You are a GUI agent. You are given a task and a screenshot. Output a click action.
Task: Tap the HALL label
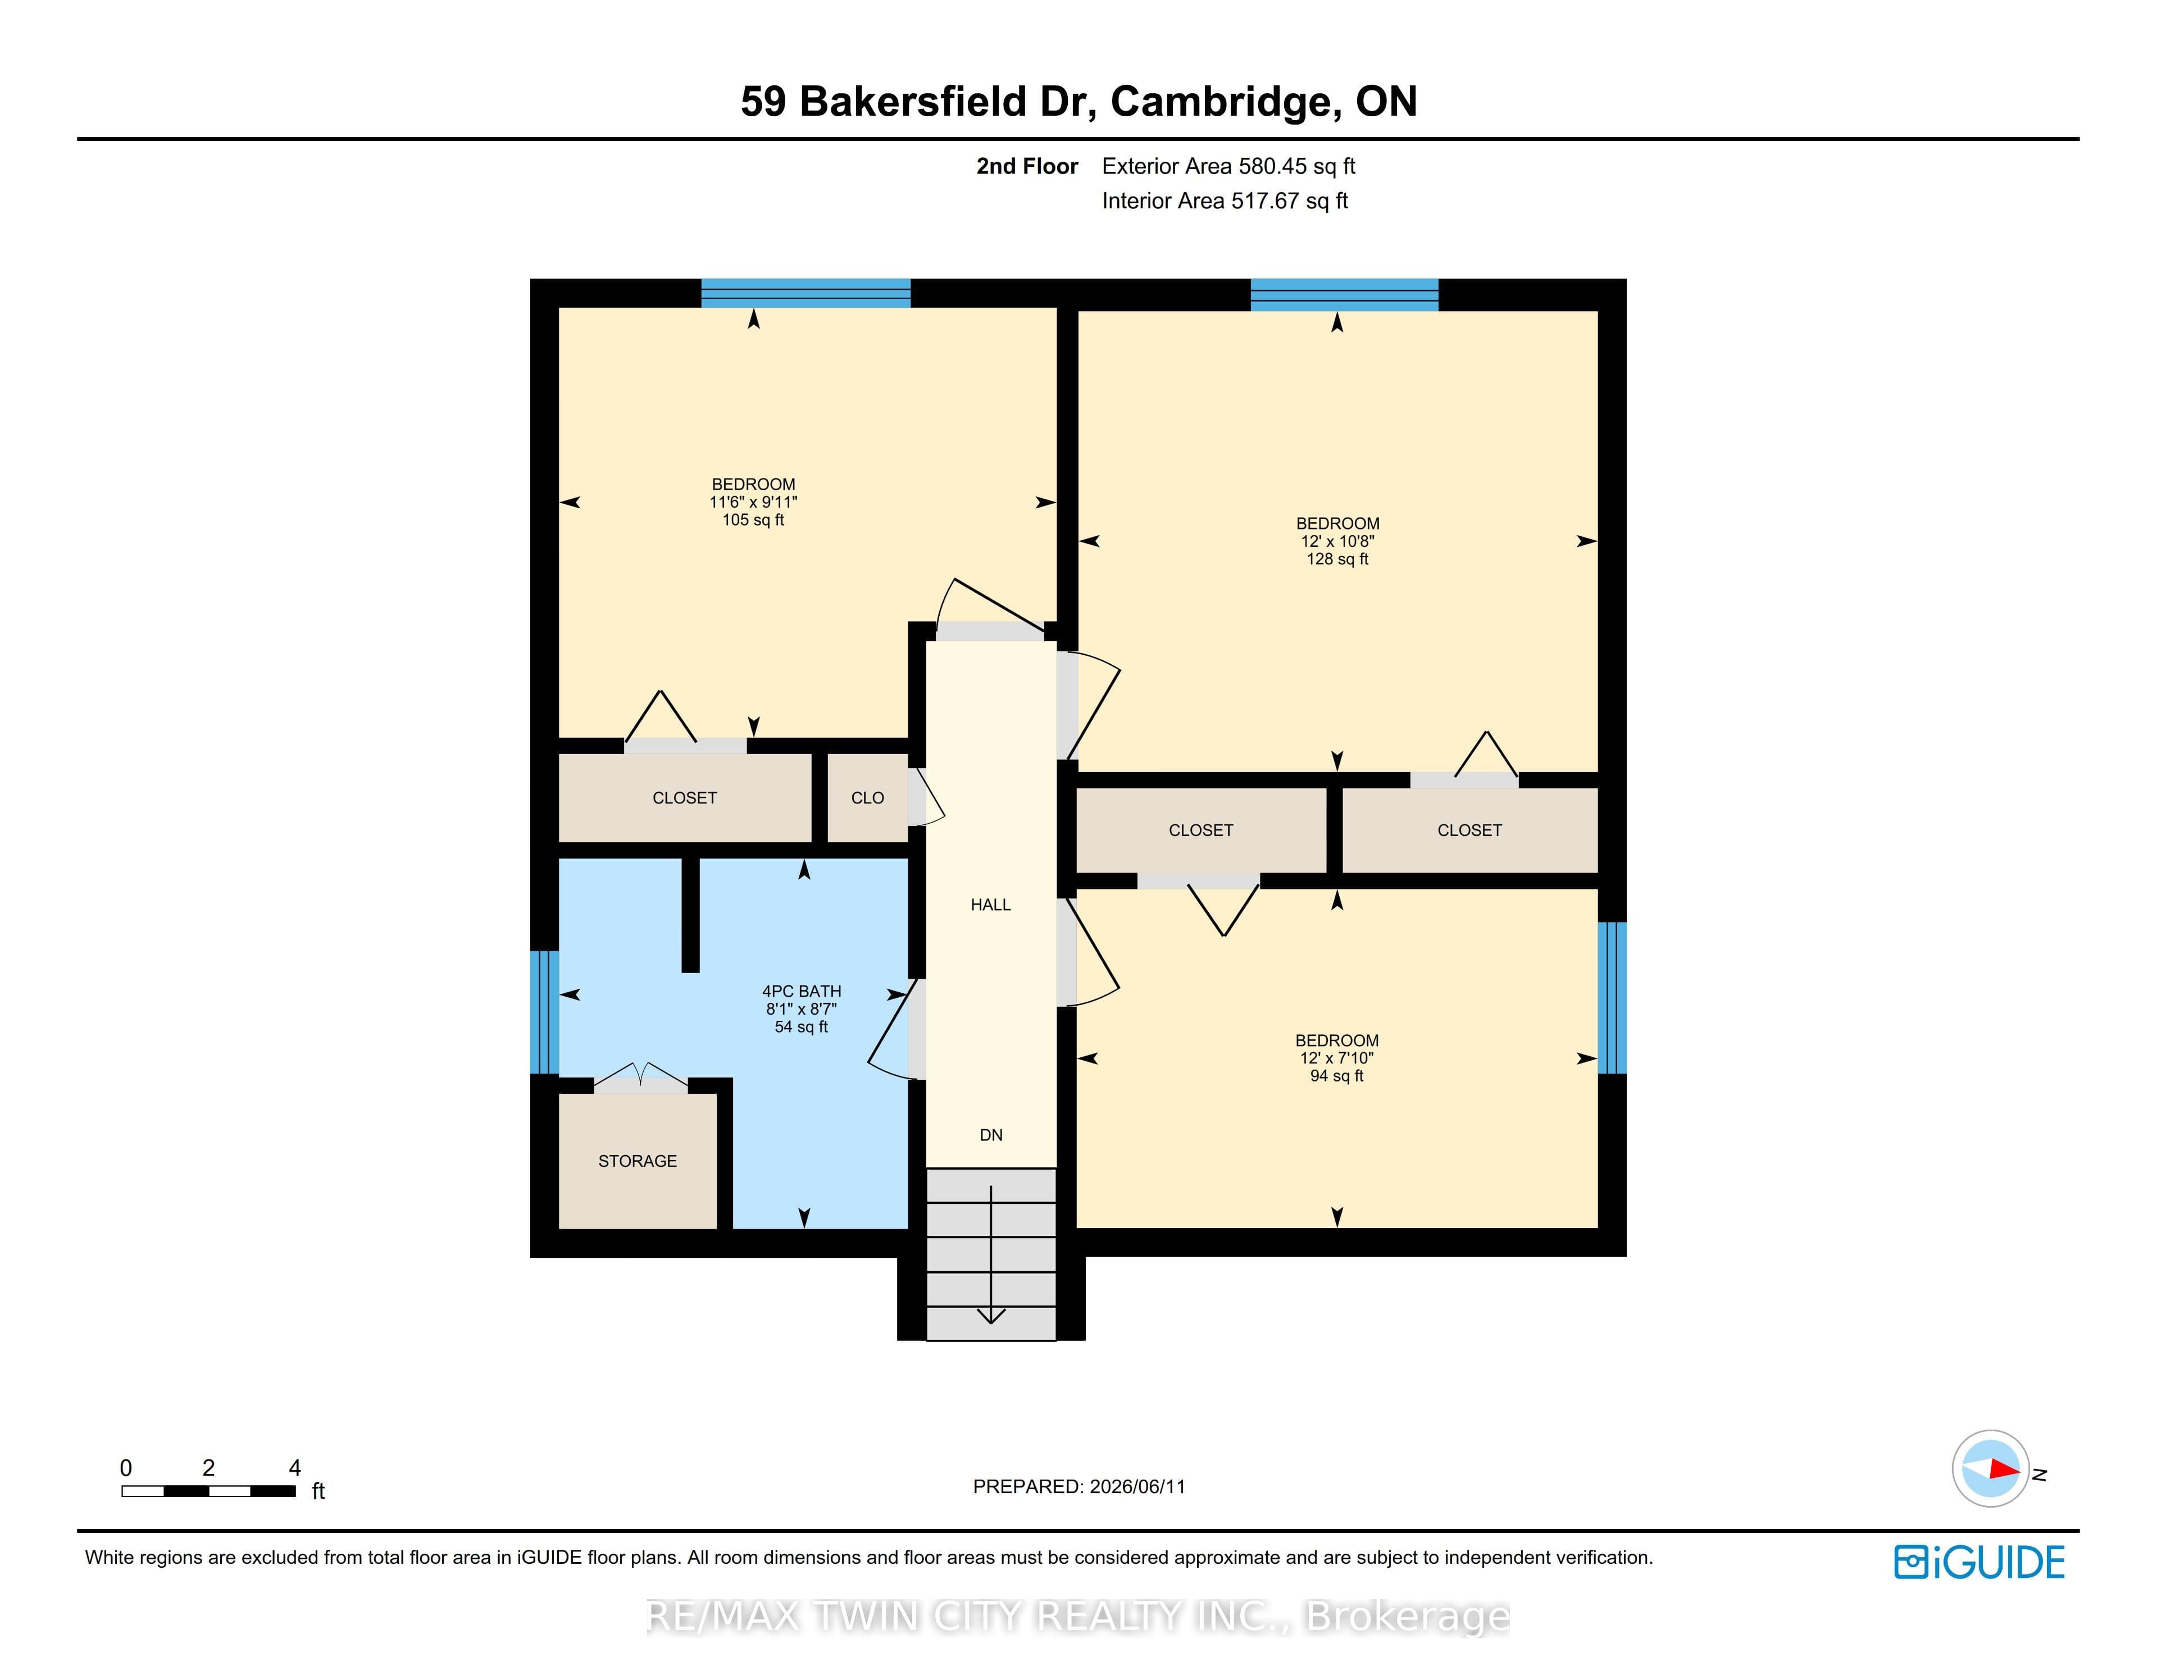point(991,905)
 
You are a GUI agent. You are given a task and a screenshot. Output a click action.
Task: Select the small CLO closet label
point(867,798)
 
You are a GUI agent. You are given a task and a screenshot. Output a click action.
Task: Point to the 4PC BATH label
point(801,992)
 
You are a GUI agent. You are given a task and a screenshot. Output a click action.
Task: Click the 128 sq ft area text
point(1337,559)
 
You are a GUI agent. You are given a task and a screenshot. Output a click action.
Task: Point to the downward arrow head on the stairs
point(991,1316)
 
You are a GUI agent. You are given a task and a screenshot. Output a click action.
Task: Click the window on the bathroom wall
point(544,1012)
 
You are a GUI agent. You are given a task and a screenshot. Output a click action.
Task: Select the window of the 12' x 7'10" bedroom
point(1612,997)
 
